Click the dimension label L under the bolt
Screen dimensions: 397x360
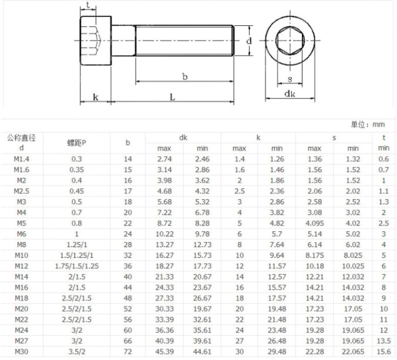[x=172, y=97]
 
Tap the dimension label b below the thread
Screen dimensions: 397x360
[x=185, y=76]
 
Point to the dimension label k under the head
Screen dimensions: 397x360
[x=96, y=97]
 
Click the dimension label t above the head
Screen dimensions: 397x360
[x=88, y=5]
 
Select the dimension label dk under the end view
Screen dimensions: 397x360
[x=290, y=94]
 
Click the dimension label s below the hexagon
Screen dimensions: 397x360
[x=290, y=79]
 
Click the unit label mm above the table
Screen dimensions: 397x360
[x=379, y=125]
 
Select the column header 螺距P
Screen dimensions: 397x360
[x=77, y=143]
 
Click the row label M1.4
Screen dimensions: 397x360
[x=22, y=159]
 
